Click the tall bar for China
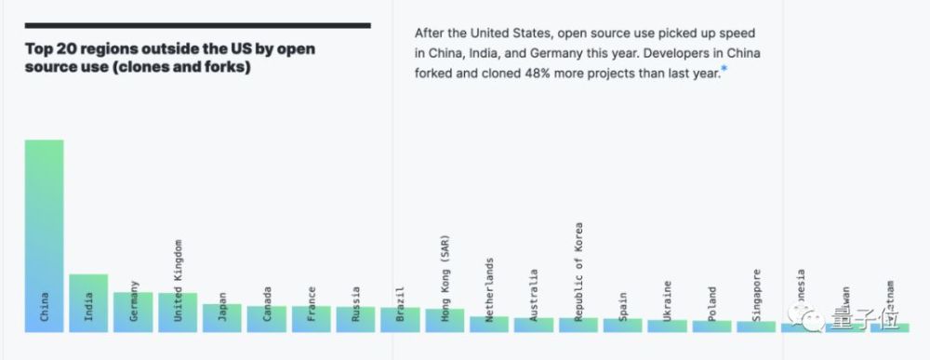pyautogui.click(x=44, y=236)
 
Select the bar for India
pyautogui.click(x=88, y=303)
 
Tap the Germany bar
pyautogui.click(x=133, y=313)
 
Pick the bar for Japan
pyautogui.click(x=222, y=318)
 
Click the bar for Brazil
pyautogui.click(x=400, y=320)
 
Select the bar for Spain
pyautogui.click(x=622, y=325)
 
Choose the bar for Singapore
pyautogui.click(x=756, y=327)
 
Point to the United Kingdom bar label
pyautogui.click(x=178, y=279)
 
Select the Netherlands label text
pyautogui.click(x=489, y=289)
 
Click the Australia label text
pyautogui.click(x=534, y=295)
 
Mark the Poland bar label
pyautogui.click(x=711, y=303)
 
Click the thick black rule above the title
pyautogui.click(x=198, y=26)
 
